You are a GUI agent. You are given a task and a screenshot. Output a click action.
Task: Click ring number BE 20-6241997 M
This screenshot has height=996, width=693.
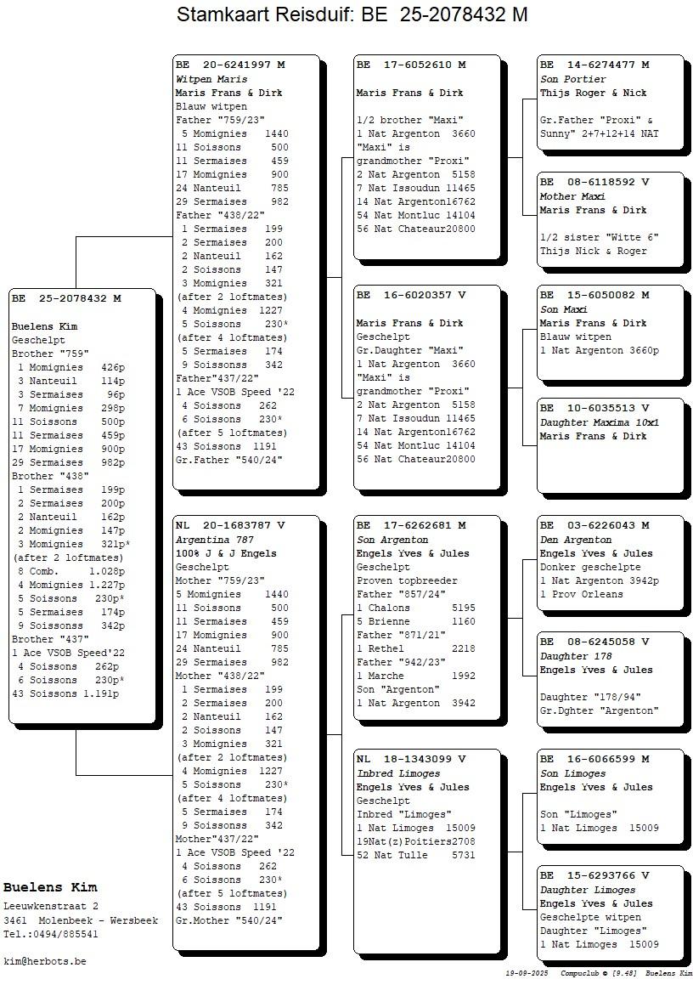[230, 65]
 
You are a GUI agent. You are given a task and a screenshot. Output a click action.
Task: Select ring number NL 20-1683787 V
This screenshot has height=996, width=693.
[230, 526]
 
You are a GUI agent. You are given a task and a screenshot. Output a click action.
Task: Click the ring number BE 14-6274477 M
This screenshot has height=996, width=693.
[594, 65]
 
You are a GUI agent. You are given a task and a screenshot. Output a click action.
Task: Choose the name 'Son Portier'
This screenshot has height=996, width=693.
[573, 79]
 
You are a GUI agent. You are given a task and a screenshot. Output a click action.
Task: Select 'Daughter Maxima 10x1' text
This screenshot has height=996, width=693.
[600, 422]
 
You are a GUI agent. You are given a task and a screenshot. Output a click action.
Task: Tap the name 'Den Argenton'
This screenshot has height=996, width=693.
[576, 540]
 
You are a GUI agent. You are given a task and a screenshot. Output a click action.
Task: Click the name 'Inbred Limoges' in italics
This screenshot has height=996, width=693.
[398, 773]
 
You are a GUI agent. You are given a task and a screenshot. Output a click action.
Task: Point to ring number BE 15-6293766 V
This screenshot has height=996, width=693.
[594, 876]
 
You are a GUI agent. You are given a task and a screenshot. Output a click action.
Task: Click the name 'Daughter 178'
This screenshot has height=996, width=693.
[576, 656]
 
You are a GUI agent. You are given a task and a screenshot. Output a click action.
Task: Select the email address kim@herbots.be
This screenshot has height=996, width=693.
[45, 961]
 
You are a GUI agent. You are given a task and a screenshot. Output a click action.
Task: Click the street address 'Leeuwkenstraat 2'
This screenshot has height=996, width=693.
[51, 907]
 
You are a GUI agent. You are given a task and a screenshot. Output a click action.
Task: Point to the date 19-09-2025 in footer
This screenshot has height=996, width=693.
[526, 973]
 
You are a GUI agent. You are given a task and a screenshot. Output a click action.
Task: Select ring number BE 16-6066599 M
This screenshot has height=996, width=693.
[594, 760]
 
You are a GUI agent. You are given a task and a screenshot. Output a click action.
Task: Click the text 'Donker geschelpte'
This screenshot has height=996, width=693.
[590, 567]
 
